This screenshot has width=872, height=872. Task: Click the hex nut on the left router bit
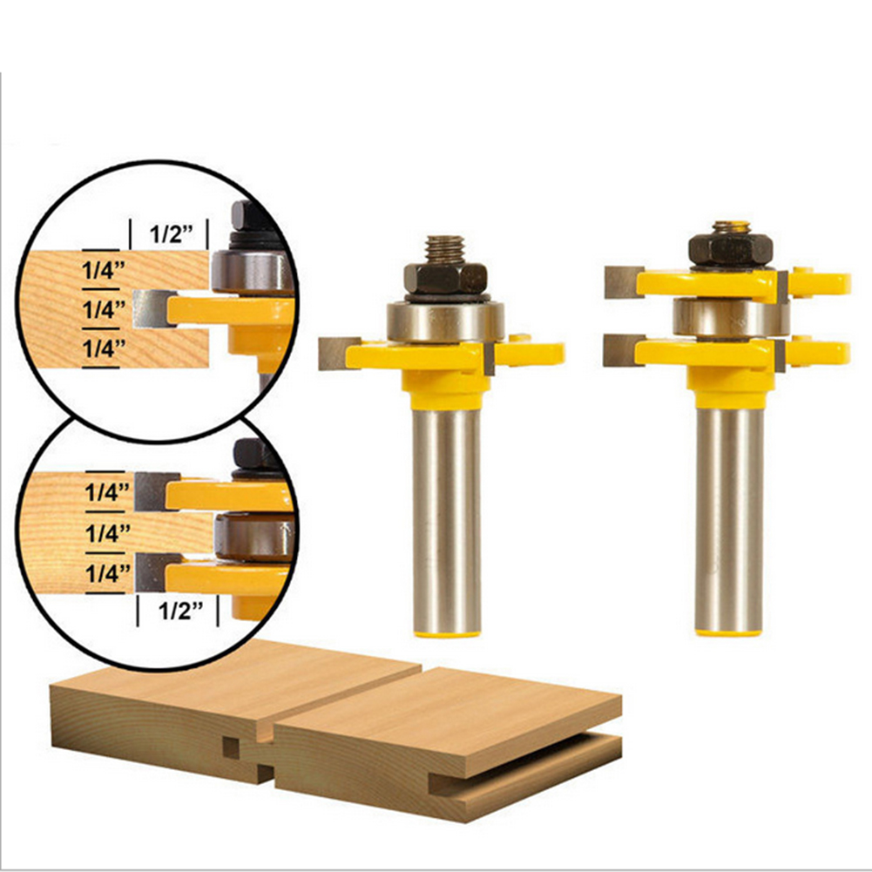point(445,279)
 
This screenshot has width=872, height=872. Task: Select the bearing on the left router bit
point(445,321)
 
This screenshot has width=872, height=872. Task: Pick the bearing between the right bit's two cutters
point(731,318)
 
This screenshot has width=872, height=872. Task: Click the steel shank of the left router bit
point(446,520)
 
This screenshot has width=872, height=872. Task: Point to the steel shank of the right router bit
point(729,520)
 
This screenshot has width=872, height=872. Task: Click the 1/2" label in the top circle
point(172,234)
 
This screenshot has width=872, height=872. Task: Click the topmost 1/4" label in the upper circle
point(103,270)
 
